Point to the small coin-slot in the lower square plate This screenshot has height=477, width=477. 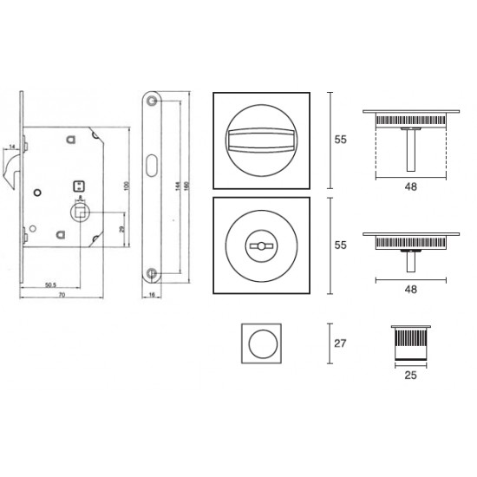pyautogui.click(x=258, y=246)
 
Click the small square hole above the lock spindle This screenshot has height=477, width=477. pyautogui.click(x=79, y=185)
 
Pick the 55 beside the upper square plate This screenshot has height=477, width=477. pyautogui.click(x=341, y=139)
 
